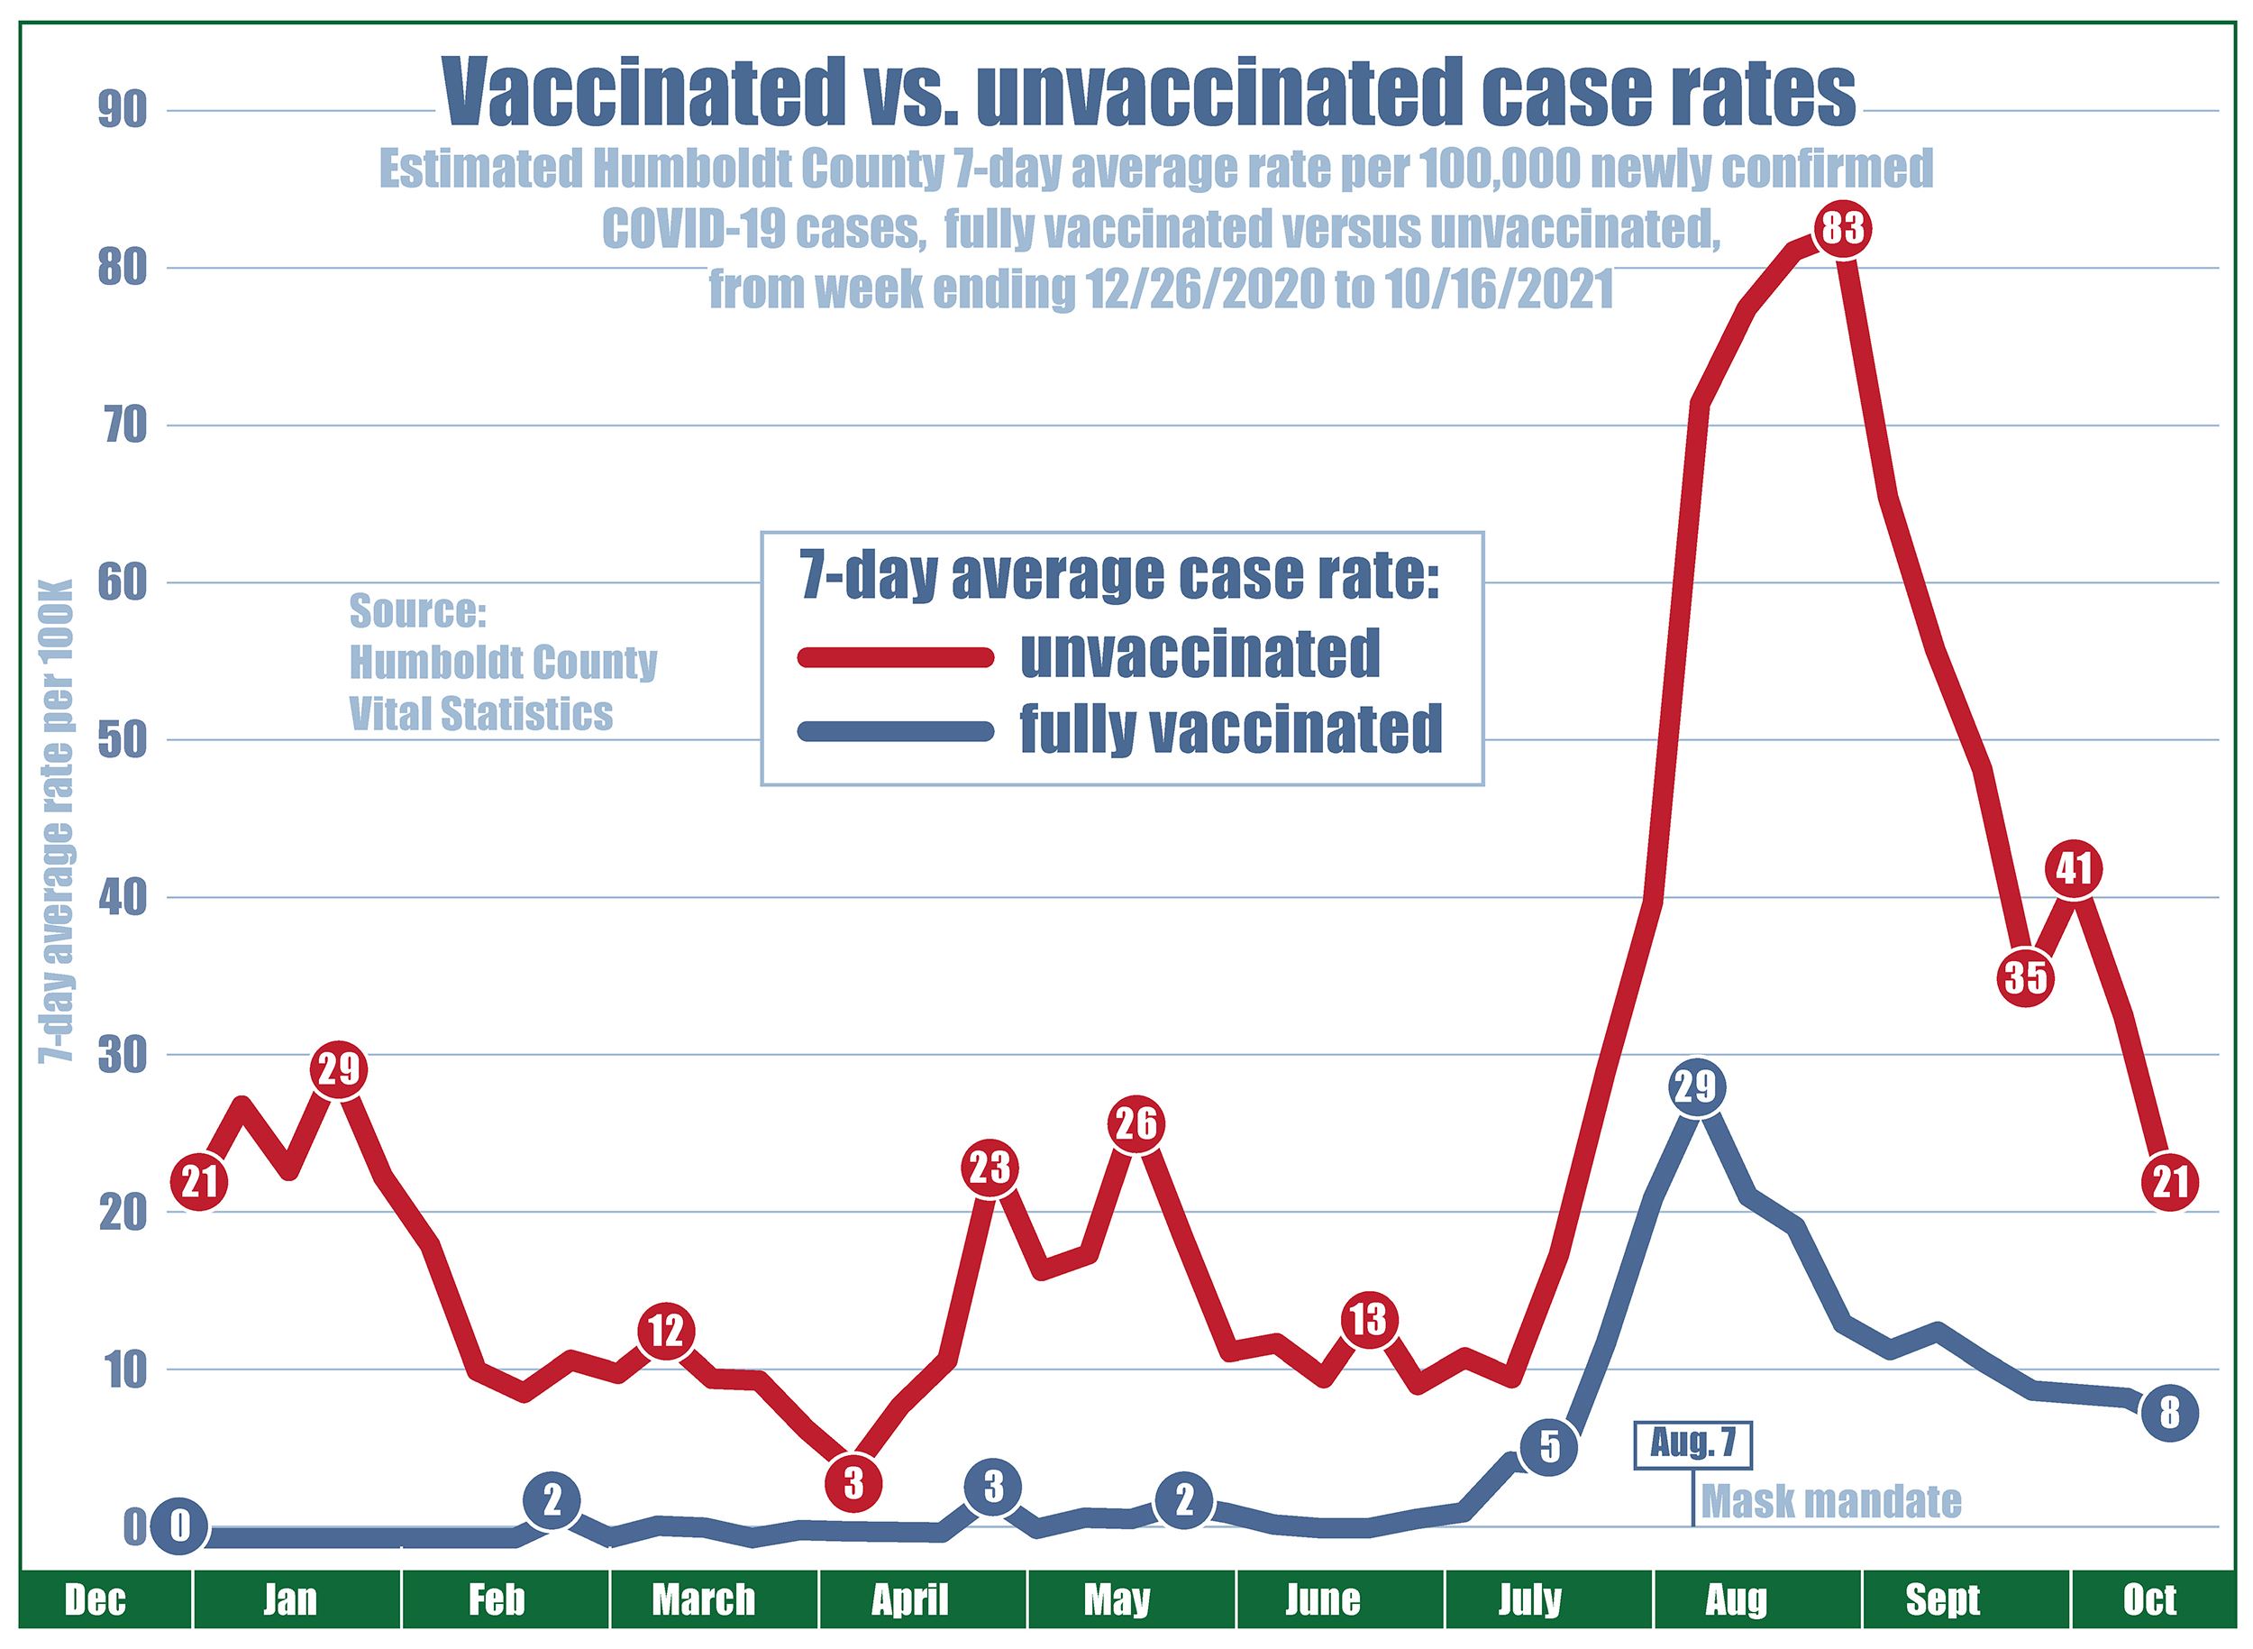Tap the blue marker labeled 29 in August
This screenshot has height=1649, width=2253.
click(1694, 1086)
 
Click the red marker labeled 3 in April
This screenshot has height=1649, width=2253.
click(853, 1483)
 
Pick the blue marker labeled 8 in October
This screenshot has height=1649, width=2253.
click(2170, 1414)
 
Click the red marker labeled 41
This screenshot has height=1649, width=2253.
click(2074, 869)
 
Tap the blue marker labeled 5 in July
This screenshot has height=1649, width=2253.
click(1548, 1446)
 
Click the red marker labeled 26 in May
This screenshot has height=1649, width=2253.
click(1136, 1125)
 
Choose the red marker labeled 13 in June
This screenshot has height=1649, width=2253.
click(1368, 1321)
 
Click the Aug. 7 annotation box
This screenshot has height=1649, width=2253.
click(1692, 1444)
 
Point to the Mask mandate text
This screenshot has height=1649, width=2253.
click(1831, 1501)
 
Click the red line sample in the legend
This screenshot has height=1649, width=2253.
click(896, 655)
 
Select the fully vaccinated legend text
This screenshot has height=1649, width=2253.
click(1231, 729)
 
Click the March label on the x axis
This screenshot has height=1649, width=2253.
click(704, 1601)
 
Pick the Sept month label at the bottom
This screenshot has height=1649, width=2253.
click(1942, 1601)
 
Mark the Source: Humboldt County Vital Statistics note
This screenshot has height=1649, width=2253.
click(503, 663)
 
